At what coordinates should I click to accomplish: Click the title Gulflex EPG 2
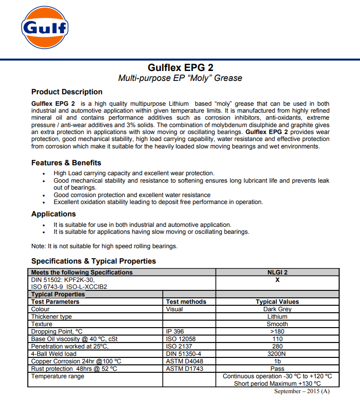pos(180,67)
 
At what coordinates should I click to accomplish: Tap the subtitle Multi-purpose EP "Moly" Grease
pos(180,78)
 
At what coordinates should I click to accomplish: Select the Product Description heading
pos(67,92)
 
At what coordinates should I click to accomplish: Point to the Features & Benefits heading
pos(66,163)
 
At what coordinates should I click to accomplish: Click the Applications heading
pos(54,214)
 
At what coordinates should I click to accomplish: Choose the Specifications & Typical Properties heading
pos(93,261)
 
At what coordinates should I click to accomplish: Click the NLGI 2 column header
pos(277,272)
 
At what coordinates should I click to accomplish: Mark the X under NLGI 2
pos(277,279)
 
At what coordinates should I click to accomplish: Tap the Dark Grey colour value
pos(277,309)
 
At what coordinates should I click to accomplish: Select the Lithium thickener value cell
pos(277,317)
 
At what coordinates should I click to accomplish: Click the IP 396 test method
pos(175,332)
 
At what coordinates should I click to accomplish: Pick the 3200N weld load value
pos(277,354)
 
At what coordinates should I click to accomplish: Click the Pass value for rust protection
pos(277,369)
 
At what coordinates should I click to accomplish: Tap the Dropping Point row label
pos(57,332)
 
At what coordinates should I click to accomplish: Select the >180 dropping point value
pos(277,332)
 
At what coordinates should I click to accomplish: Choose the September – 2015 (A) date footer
pos(301,392)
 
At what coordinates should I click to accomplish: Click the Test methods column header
pos(186,302)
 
